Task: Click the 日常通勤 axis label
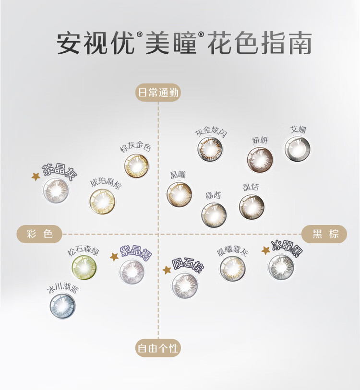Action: click(x=158, y=93)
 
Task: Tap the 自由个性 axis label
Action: click(x=158, y=348)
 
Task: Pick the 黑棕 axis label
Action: click(x=324, y=234)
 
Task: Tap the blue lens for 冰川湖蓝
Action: click(x=63, y=305)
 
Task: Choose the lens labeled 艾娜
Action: click(x=297, y=149)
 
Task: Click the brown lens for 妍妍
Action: click(x=260, y=159)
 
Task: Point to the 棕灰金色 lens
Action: click(x=137, y=165)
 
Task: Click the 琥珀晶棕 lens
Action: click(x=102, y=201)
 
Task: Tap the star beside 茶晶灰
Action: click(x=36, y=177)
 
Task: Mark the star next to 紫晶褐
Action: click(x=114, y=257)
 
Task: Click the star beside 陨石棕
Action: click(x=167, y=270)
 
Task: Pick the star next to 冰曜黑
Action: click(x=265, y=250)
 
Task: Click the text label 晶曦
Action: click(x=178, y=175)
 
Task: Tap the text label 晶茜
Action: click(x=213, y=195)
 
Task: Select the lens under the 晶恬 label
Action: click(x=252, y=207)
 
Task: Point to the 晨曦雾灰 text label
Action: click(x=232, y=251)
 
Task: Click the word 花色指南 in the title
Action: click(x=260, y=44)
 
